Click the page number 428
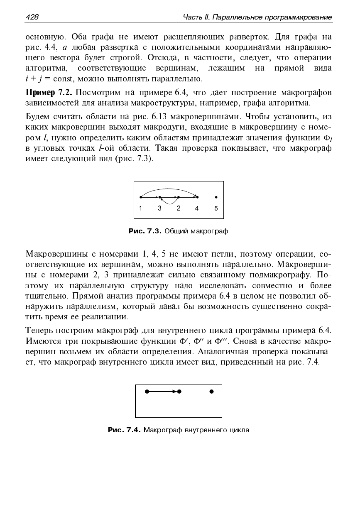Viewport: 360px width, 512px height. point(32,17)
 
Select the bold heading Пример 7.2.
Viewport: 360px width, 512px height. point(49,92)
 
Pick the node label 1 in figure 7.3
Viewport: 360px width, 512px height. point(141,208)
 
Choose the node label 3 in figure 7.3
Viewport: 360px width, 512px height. point(159,208)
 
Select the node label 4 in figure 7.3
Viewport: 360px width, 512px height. point(197,208)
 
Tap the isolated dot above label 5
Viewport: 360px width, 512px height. point(216,197)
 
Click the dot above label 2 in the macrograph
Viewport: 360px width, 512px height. point(178,197)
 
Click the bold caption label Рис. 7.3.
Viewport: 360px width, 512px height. point(145,231)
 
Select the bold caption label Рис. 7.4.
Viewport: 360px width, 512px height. point(125,430)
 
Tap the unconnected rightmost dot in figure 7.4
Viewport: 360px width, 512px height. point(212,391)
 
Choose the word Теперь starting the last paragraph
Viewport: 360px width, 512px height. point(39,331)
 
